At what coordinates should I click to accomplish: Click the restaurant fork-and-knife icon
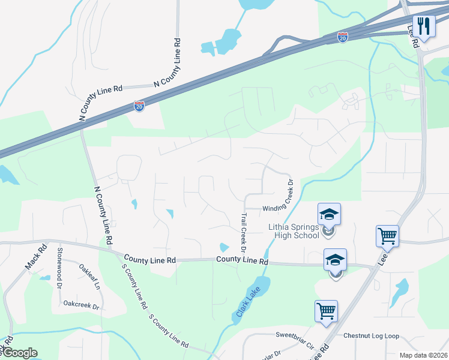coord(424,26)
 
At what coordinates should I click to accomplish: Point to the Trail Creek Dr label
coord(244,233)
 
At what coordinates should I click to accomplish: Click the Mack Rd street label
coord(35,256)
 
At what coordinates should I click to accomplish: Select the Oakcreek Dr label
coord(81,305)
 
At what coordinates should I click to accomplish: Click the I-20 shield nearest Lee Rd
coord(342,37)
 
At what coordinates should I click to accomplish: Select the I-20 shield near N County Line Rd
coord(139,106)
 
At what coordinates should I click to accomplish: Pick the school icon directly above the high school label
coord(329,214)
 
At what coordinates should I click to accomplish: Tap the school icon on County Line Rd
coord(335,260)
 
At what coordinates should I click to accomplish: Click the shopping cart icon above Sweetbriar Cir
coord(326,311)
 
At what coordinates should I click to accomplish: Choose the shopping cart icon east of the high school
coord(387,236)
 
